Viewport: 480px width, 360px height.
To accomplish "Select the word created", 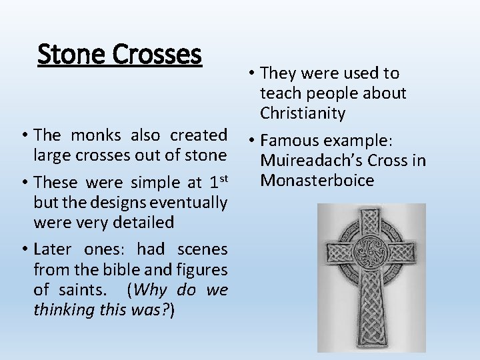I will [199, 135].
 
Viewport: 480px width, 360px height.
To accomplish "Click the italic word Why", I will [153, 290].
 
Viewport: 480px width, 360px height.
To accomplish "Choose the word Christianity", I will [303, 113].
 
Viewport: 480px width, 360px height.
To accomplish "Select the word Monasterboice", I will [317, 181].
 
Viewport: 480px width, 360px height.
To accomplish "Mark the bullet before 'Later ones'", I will [24, 250].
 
